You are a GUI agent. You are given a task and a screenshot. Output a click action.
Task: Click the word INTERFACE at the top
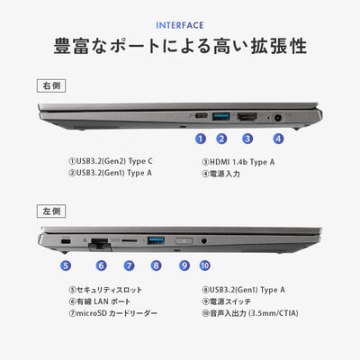tap(180, 25)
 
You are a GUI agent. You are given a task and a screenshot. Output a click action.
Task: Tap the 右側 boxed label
tap(51, 85)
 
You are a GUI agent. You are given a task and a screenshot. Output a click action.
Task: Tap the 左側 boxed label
tap(51, 211)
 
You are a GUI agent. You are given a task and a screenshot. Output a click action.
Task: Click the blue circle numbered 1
tap(201, 139)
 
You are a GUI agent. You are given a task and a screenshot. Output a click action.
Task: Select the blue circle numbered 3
tap(247, 139)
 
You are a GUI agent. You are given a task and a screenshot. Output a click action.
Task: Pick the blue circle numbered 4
tap(278, 139)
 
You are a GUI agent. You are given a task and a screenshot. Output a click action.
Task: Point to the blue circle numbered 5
tap(66, 265)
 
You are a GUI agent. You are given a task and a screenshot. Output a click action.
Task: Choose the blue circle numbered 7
tap(129, 265)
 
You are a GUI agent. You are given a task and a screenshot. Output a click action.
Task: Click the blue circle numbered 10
tap(205, 265)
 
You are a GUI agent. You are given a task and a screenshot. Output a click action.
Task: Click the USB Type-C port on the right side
tap(202, 116)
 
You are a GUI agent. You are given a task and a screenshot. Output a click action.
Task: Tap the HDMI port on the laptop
tap(247, 117)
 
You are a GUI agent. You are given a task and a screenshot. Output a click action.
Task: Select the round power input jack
tap(278, 118)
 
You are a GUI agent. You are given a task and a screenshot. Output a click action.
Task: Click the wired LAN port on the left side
tap(101, 243)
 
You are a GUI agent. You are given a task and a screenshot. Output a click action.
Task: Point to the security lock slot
tap(66, 241)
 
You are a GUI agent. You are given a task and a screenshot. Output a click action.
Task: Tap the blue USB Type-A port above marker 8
tap(156, 240)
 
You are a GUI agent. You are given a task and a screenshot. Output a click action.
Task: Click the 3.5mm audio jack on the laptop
tap(204, 240)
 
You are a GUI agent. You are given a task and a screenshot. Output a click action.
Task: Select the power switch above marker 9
tap(184, 241)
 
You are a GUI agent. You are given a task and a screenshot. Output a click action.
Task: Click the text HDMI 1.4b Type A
tap(242, 162)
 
